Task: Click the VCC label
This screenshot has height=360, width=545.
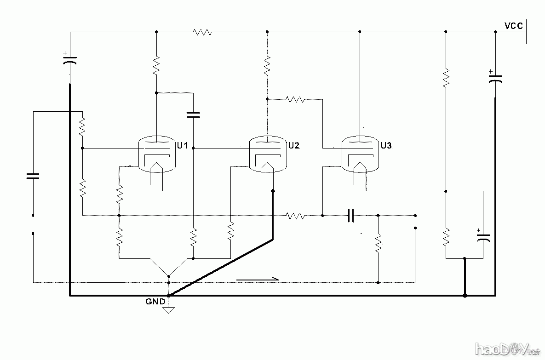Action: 513,26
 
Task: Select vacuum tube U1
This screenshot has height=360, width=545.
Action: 157,154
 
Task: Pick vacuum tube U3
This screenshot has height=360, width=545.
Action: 360,154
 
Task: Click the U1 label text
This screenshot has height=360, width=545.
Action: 182,146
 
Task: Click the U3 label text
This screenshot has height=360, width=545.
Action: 386,146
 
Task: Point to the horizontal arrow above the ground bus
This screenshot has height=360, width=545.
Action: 258,279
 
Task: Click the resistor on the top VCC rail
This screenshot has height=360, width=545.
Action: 202,32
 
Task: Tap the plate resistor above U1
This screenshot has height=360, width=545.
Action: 156,65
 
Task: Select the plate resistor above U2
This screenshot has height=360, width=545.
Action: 267,65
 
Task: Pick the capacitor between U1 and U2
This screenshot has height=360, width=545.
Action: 194,114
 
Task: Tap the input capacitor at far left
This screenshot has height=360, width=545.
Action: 33,175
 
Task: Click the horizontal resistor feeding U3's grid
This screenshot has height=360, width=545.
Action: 295,99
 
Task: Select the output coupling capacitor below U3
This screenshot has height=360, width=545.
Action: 350,215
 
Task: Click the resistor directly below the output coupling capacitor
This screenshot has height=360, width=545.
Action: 378,243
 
